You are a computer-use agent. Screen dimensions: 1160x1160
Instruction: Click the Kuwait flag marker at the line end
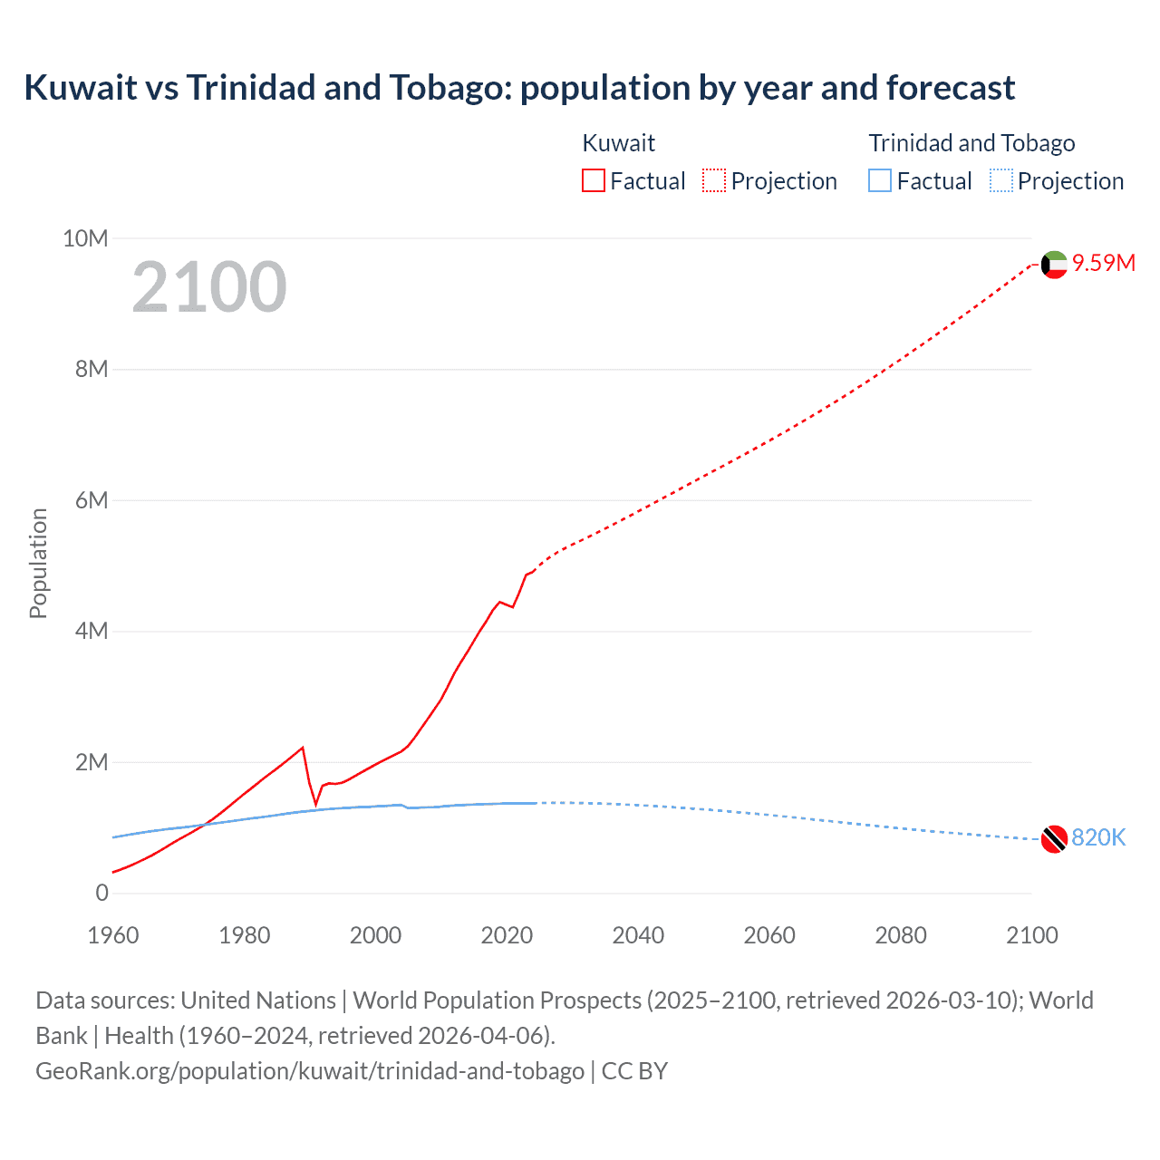(1054, 265)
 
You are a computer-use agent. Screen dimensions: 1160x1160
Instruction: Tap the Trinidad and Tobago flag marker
(1054, 839)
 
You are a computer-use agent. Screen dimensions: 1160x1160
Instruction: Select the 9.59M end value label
(1104, 263)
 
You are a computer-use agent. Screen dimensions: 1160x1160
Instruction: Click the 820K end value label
(1098, 837)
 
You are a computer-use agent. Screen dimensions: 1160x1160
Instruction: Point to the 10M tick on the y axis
(85, 238)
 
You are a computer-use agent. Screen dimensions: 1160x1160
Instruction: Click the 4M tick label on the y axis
(92, 631)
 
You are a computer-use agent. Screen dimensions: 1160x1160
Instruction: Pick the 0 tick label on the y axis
(101, 893)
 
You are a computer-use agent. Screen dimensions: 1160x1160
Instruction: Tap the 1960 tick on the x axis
(113, 935)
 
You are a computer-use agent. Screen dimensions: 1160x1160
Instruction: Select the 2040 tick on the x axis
(638, 935)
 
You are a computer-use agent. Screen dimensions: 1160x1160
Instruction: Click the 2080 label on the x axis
(901, 935)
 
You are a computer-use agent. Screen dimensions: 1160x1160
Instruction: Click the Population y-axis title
(38, 563)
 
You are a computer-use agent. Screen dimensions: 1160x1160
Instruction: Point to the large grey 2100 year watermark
(209, 287)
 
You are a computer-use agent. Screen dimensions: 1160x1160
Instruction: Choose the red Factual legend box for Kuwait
(594, 181)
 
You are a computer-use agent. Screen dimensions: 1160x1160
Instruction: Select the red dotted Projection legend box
(714, 181)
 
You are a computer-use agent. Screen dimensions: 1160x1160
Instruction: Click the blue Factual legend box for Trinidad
(880, 181)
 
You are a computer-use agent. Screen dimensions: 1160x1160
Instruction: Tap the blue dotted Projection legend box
(1000, 181)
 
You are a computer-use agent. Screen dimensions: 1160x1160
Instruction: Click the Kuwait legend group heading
(618, 143)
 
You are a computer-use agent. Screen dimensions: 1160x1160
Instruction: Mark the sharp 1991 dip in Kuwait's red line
(316, 803)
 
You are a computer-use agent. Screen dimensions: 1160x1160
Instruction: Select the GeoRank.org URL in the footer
(310, 1070)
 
